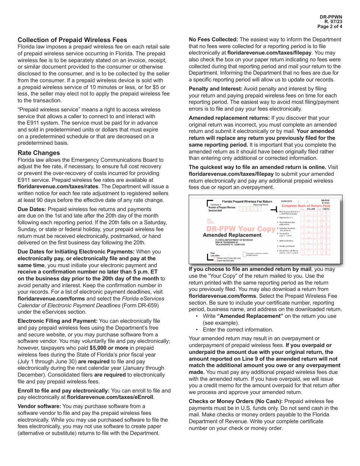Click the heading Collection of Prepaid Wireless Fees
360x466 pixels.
coord(72,40)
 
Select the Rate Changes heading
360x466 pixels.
coord(39,153)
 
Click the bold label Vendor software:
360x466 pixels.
coord(39,406)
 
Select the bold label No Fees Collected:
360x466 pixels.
coord(213,39)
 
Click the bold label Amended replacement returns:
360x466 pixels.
coord(229,118)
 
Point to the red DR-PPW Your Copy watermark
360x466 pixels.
coord(241,229)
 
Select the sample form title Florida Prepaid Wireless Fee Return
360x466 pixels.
coord(247,202)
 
